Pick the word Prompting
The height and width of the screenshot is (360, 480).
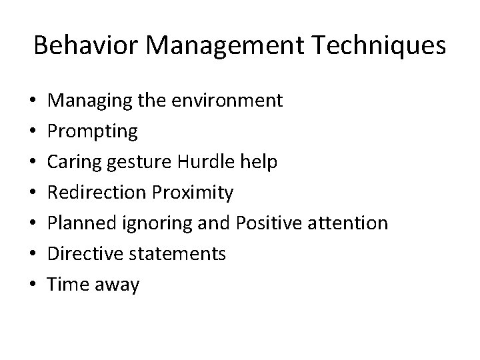(x=94, y=132)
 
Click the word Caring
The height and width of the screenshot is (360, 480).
(x=75, y=163)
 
